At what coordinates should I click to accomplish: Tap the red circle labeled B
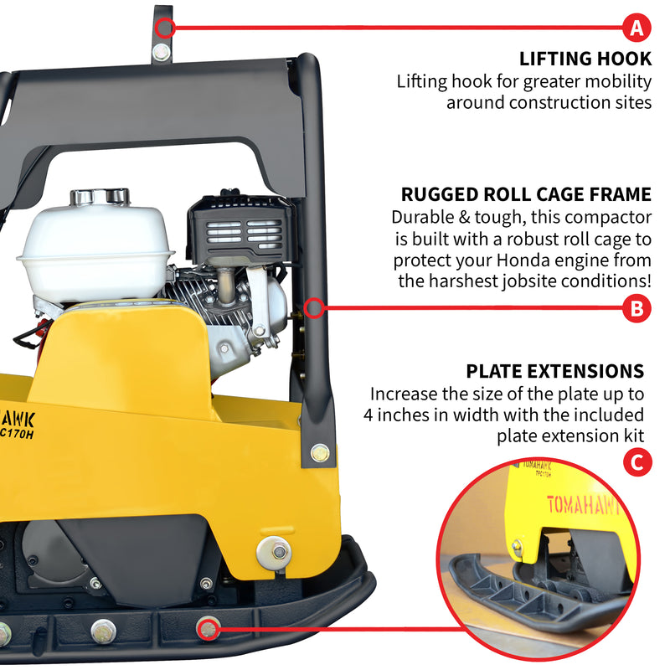(637, 309)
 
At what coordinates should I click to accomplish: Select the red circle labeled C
(637, 462)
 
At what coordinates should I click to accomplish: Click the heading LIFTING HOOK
(585, 59)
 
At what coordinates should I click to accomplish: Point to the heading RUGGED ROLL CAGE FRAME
(526, 194)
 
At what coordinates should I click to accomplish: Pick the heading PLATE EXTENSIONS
(555, 371)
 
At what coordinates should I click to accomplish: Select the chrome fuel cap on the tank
(100, 198)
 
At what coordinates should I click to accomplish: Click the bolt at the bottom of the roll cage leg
(319, 453)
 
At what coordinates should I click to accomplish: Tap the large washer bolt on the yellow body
(274, 550)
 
